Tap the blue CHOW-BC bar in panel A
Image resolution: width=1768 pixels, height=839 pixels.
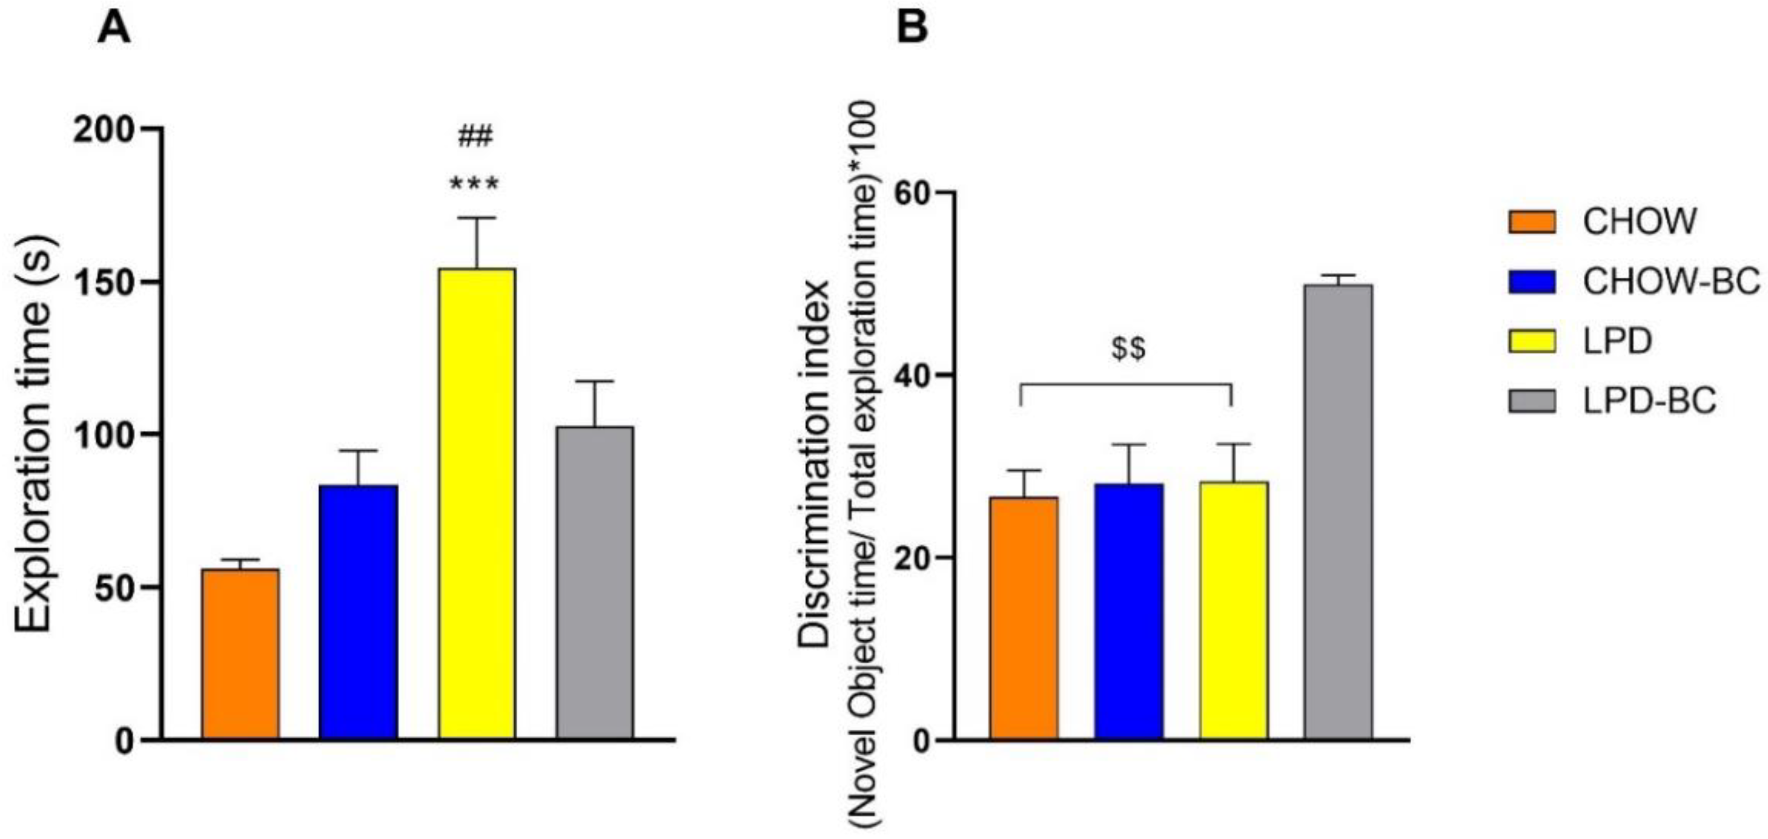(x=358, y=612)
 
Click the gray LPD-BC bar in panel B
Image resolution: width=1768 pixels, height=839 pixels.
(x=1338, y=511)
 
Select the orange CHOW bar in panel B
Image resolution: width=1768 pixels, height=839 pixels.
(x=1024, y=618)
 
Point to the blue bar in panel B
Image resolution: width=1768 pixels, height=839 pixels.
(x=1129, y=611)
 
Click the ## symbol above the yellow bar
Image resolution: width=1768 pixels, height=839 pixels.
(x=475, y=137)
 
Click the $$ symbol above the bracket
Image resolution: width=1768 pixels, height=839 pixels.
(x=1129, y=349)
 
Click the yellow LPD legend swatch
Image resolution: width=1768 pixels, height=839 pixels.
(x=1532, y=341)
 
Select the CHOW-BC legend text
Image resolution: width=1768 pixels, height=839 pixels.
(x=1671, y=281)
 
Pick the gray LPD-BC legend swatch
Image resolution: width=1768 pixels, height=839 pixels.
(x=1532, y=401)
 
